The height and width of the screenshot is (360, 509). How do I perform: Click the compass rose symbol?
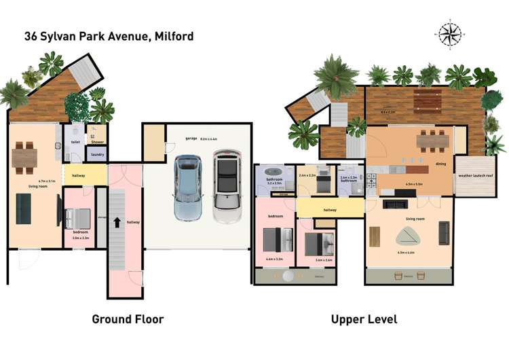[449, 33]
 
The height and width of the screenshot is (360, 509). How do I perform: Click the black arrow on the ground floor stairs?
[118, 222]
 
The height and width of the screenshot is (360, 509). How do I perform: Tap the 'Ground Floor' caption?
[128, 319]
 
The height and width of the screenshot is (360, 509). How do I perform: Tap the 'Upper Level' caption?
[364, 319]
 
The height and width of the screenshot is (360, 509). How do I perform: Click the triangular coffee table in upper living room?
[408, 235]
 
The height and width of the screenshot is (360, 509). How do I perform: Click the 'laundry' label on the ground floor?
[96, 155]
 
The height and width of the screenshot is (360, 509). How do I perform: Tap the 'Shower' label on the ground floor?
[97, 143]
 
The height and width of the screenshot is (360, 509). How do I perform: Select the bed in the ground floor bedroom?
[77, 218]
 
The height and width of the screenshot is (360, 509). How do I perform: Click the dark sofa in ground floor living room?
[23, 208]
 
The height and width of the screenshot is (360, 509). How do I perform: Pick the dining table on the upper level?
[432, 141]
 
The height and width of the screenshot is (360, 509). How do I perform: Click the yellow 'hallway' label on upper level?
[331, 210]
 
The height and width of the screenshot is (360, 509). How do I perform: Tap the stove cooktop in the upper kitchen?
[371, 181]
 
